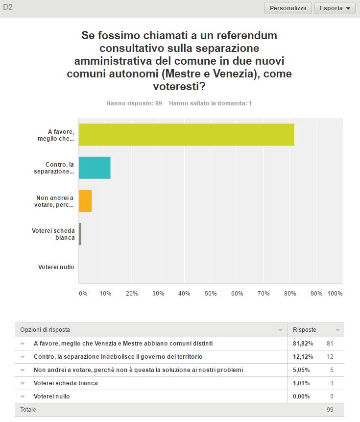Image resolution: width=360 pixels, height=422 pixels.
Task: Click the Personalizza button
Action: [x=288, y=8]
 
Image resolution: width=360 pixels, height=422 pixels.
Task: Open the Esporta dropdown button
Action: [x=335, y=8]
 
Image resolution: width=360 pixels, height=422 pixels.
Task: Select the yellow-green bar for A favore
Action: [x=187, y=135]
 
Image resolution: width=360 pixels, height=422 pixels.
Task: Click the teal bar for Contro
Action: [x=95, y=168]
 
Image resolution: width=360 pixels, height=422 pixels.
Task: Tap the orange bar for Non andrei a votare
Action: [x=85, y=201]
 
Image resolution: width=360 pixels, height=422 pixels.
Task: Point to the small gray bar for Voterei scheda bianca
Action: [x=80, y=234]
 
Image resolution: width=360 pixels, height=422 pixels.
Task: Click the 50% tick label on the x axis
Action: [x=211, y=294]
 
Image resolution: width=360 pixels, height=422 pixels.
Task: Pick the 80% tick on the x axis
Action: [x=290, y=294]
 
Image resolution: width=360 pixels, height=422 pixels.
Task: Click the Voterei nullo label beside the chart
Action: [x=56, y=267]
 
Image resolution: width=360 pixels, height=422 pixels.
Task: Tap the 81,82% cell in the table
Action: [x=303, y=344]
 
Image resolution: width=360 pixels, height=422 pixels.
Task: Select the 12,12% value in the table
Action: [x=303, y=357]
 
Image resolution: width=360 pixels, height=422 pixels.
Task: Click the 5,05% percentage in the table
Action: [x=301, y=370]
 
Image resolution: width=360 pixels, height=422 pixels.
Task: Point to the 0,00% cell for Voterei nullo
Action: [x=301, y=396]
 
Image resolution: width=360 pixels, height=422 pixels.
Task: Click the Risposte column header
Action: [x=305, y=330]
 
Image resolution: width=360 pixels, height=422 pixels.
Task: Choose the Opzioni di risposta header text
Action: [x=45, y=330]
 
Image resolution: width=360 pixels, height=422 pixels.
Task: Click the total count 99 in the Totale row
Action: [x=330, y=409]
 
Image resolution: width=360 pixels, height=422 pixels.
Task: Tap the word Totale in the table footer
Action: [x=28, y=409]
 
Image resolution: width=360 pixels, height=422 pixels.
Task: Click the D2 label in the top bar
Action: [x=8, y=7]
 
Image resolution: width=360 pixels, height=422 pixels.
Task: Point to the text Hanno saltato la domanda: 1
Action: [x=210, y=103]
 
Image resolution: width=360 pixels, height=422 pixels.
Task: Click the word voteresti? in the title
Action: [x=179, y=86]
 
